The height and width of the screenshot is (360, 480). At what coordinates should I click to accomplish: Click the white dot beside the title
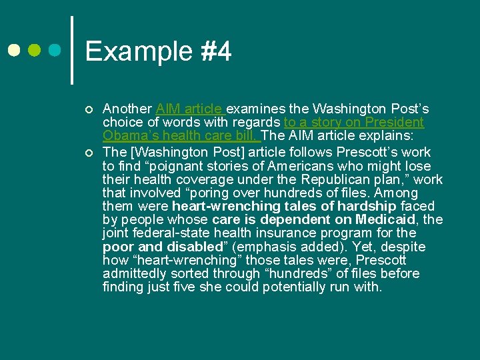14,50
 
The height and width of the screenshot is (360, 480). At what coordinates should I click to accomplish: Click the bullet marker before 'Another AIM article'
88,109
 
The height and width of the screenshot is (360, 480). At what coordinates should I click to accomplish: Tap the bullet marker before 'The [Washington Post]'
88,152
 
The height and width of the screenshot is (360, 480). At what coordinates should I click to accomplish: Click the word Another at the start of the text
127,109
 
